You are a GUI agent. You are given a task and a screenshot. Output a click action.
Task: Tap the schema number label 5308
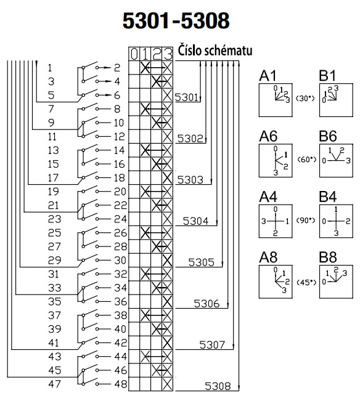coord(217,387)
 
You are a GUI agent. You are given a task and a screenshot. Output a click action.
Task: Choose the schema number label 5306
coord(207,304)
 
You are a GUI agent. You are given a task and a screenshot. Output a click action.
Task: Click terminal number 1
coord(51,67)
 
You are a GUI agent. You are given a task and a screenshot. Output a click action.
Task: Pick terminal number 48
coord(121,384)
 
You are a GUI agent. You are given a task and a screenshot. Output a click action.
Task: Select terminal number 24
coord(121,219)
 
